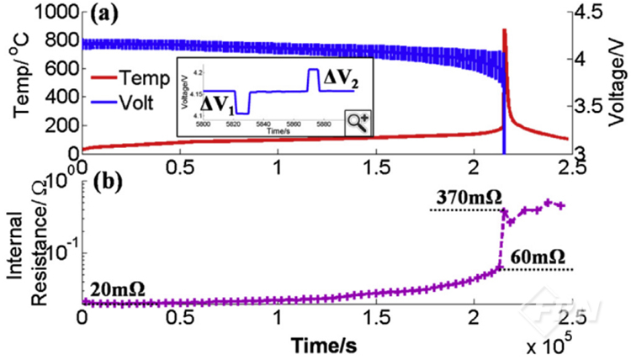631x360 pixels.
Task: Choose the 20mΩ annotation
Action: (114, 289)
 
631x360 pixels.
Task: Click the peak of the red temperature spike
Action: (504, 31)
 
